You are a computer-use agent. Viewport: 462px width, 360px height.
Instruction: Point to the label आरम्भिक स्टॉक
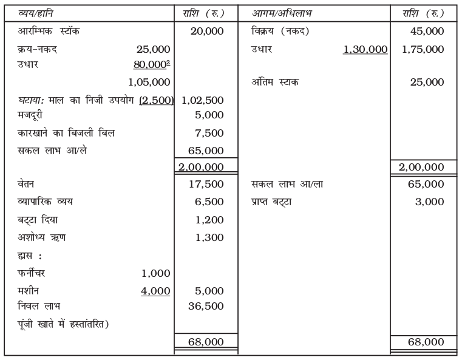48,31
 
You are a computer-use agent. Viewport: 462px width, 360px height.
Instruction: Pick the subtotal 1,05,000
149,82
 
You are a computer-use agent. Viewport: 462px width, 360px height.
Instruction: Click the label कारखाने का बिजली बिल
58,132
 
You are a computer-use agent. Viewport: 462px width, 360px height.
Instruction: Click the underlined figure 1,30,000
365,49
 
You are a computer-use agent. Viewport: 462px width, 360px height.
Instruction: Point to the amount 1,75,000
423,49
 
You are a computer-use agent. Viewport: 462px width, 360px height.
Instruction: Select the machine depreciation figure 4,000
155,291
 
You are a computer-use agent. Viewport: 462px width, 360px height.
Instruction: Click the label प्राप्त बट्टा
271,201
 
